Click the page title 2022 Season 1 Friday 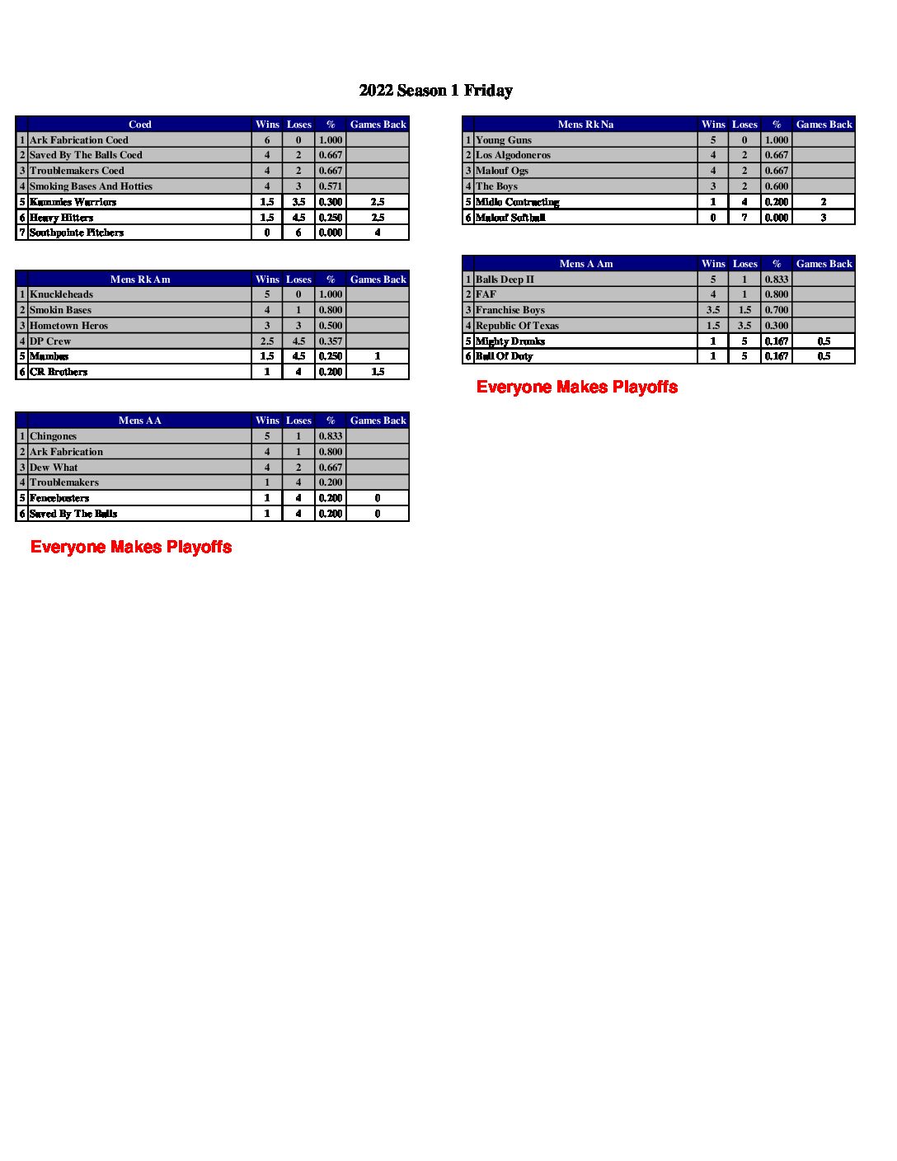[435, 91]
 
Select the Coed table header [139, 125]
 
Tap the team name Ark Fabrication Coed [79, 140]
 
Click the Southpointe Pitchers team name [77, 233]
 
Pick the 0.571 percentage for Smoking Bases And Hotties [331, 186]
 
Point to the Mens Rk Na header [585, 125]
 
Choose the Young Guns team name [504, 140]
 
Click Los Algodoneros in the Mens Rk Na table [513, 155]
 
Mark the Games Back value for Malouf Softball [823, 218]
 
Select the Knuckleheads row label [61, 294]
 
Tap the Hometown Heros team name [68, 326]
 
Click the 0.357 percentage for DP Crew [331, 341]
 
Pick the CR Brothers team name [59, 372]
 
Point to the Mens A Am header [586, 264]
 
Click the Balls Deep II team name [505, 280]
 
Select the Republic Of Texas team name [517, 326]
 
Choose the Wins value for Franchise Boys [713, 310]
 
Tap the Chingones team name [54, 436]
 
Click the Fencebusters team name [59, 498]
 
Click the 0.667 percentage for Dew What [331, 468]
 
